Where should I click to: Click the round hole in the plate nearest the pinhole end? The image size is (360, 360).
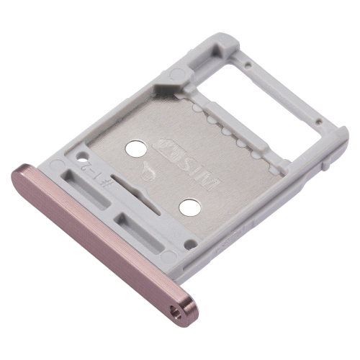point(189,208)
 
